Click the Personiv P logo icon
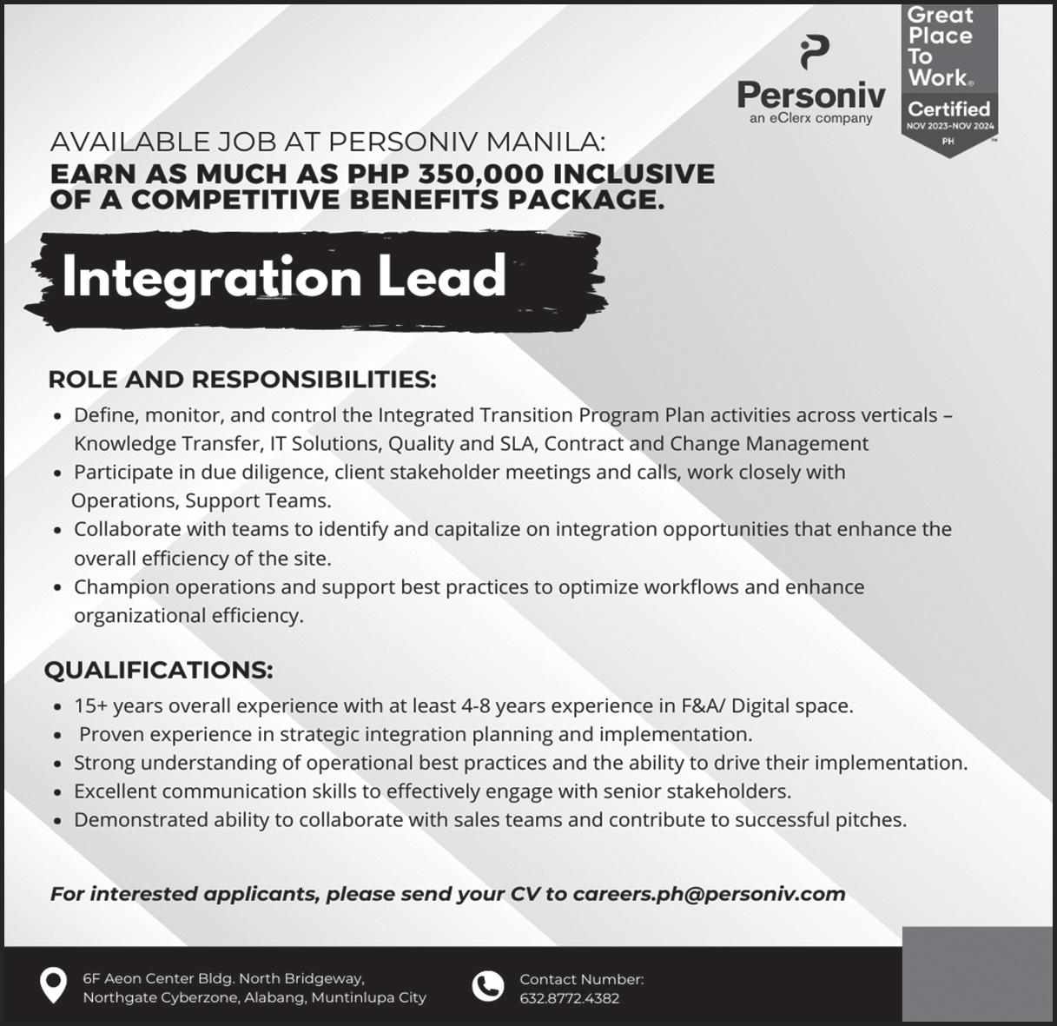click(813, 54)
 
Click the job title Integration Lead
click(284, 277)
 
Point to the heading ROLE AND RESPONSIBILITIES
click(242, 380)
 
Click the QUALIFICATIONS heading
click(159, 670)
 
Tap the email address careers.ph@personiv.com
click(709, 894)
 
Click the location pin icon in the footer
click(54, 986)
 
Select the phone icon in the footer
click(487, 987)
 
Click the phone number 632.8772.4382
click(569, 998)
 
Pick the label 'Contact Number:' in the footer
click(581, 979)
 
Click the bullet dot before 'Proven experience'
click(57, 736)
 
